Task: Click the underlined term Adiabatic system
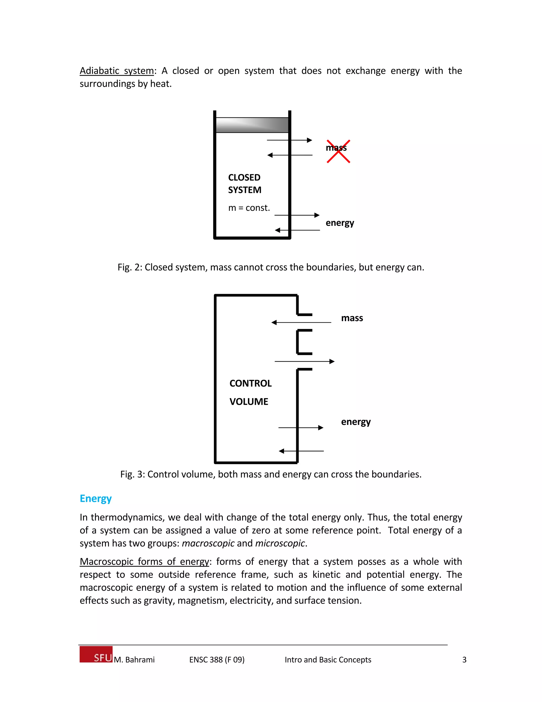(x=116, y=71)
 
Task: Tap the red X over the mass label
(x=338, y=151)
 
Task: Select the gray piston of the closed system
(x=252, y=125)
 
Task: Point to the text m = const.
(x=249, y=208)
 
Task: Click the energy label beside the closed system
(x=340, y=223)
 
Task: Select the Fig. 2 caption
(x=271, y=267)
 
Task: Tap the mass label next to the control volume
(x=352, y=318)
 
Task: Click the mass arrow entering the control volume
(x=301, y=322)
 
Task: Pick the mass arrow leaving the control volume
(x=304, y=362)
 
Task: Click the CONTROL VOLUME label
(x=250, y=392)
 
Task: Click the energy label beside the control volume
(x=356, y=421)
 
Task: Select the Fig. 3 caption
(x=271, y=474)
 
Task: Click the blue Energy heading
(x=95, y=498)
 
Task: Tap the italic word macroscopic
(x=208, y=543)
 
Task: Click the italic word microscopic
(x=280, y=543)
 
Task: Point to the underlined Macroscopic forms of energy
(x=144, y=562)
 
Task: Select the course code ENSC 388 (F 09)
(x=217, y=660)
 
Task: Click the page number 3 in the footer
(x=464, y=660)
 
